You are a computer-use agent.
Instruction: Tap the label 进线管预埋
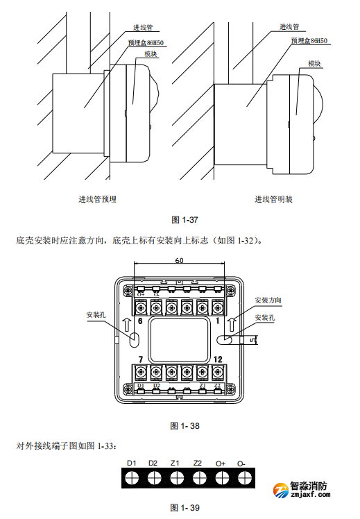click(x=97, y=199)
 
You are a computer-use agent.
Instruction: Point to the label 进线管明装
click(x=273, y=199)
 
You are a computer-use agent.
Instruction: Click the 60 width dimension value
click(x=179, y=262)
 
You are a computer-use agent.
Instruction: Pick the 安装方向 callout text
click(x=268, y=300)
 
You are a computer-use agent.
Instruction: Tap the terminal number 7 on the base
click(x=140, y=359)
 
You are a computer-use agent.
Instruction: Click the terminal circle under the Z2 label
click(x=198, y=478)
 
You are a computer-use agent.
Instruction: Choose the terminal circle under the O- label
click(x=242, y=478)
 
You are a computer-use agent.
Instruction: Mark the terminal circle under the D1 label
click(x=131, y=478)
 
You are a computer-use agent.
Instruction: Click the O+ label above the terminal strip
click(x=221, y=463)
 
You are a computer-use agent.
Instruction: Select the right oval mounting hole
click(x=227, y=340)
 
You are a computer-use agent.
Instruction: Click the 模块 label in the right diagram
click(x=316, y=63)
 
